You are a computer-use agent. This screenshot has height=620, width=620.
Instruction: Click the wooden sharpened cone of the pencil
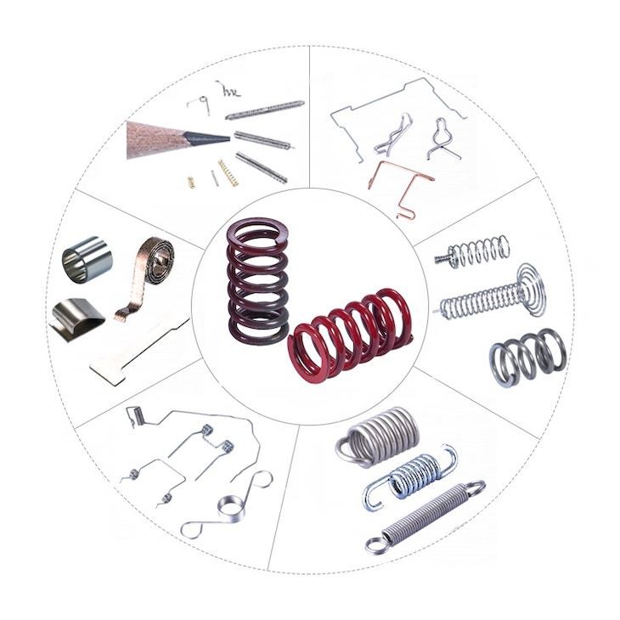[161, 138]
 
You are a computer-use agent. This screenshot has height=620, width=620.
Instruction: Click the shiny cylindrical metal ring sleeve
[87, 260]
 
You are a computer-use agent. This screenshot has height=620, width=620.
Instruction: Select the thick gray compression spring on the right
[527, 355]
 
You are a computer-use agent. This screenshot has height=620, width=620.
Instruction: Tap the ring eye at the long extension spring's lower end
[375, 542]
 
